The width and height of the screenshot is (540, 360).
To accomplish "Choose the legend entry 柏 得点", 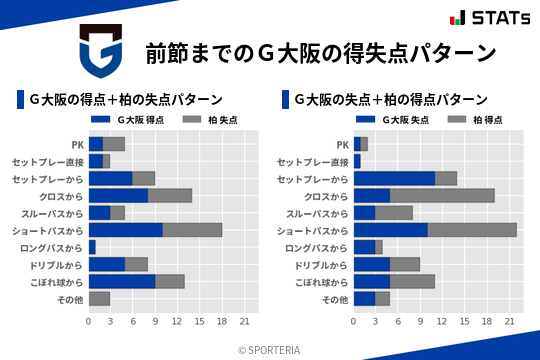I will click(x=475, y=120).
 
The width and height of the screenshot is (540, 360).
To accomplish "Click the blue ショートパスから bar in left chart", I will click(x=125, y=230).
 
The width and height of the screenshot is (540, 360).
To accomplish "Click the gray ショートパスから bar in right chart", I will click(x=472, y=230).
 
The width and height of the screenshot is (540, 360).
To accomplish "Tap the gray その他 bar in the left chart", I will click(x=99, y=298).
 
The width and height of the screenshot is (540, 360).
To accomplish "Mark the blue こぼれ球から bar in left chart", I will click(x=122, y=281).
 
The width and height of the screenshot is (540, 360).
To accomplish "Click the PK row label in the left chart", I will click(x=77, y=144).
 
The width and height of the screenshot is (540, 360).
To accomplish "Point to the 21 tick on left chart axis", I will click(x=243, y=321).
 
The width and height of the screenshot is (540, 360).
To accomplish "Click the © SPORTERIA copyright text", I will click(x=270, y=349).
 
